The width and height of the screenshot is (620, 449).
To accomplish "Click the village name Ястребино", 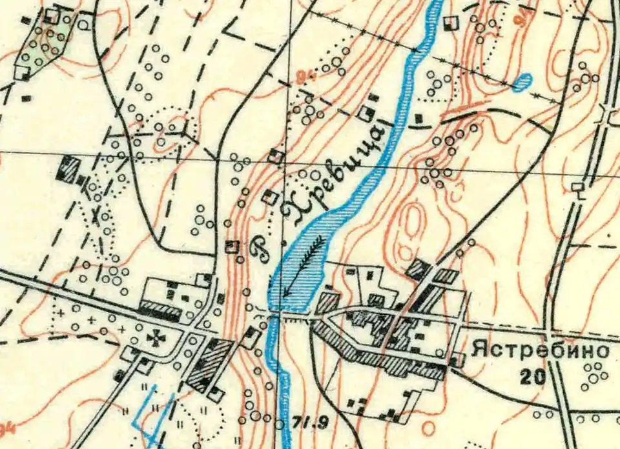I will tap(541, 351).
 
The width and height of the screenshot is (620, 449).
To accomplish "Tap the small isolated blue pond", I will tap(523, 81).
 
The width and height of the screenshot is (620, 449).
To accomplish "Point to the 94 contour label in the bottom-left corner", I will tap(6, 428).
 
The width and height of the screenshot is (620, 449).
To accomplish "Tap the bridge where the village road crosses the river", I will tap(275, 314).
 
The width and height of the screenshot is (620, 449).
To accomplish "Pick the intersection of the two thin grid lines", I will tap(288, 159).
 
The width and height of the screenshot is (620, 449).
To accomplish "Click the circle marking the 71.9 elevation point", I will tap(279, 424).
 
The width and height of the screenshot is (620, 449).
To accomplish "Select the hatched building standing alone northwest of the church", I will tap(67, 168).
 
